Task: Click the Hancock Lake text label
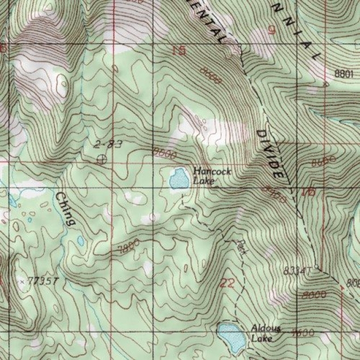(x=205, y=175)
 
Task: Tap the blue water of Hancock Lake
(x=179, y=179)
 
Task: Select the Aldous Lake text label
(x=262, y=333)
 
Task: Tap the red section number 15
(x=179, y=51)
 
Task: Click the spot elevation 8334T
(x=296, y=271)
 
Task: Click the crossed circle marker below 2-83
(x=102, y=159)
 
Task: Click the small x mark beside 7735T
(x=22, y=281)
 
